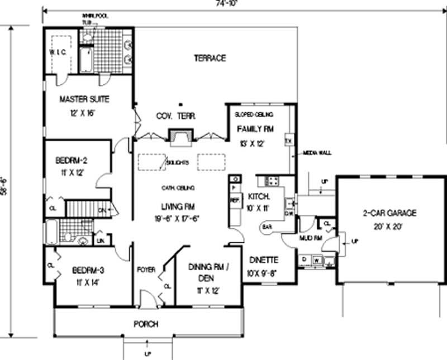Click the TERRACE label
[210, 58]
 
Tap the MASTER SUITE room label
[84, 99]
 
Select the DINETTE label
[264, 260]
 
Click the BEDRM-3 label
[88, 271]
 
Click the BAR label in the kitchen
[267, 227]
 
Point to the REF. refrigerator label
[235, 199]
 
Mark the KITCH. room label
[259, 196]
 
